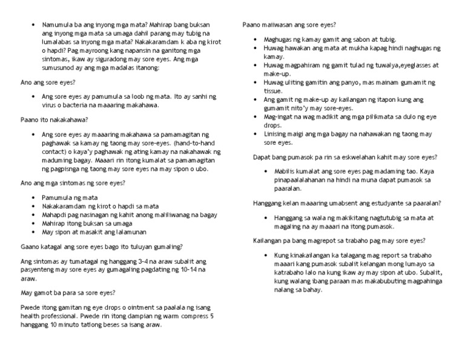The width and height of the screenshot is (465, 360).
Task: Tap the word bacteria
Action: (75, 105)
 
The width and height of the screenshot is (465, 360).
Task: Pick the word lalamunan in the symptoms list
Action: (128, 232)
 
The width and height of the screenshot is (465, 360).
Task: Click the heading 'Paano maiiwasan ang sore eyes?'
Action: (289, 24)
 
